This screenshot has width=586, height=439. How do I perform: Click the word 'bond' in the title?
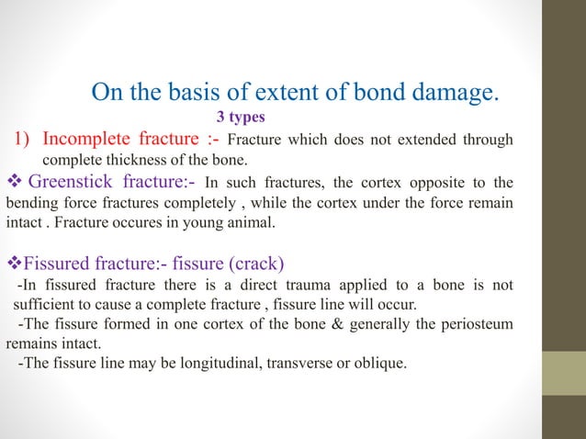pyautogui.click(x=366, y=93)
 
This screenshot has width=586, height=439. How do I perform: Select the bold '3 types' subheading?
pyautogui.click(x=240, y=118)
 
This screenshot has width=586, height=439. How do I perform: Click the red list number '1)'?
pyautogui.click(x=22, y=141)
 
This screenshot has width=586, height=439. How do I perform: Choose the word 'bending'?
pyautogui.click(x=30, y=202)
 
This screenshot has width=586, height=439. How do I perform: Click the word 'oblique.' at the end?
pyautogui.click(x=379, y=365)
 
